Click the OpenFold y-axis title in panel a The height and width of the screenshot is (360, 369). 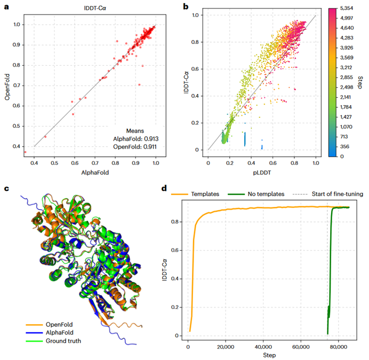tap(7, 85)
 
